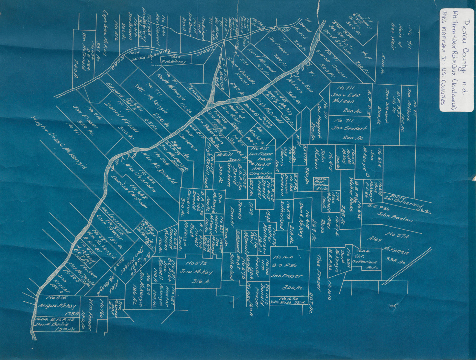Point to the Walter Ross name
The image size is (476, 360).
click(x=353, y=191)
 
